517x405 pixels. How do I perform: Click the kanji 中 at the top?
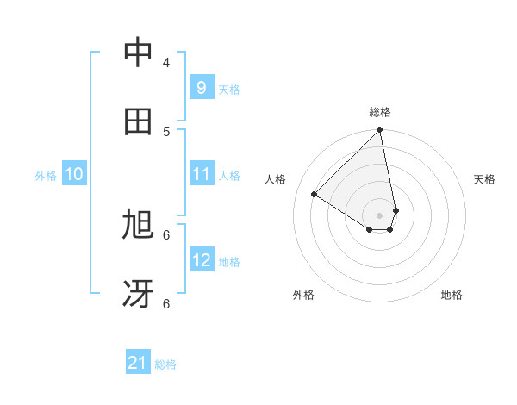[138, 53]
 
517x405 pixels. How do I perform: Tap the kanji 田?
[138, 121]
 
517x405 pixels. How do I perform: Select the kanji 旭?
[138, 225]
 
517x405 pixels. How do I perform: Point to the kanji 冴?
[138, 294]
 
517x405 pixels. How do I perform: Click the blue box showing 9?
[201, 87]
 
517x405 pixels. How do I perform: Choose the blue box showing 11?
[201, 174]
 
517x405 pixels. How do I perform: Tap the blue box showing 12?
[201, 260]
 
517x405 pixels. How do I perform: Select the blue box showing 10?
[74, 174]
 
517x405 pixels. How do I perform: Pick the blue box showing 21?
[138, 364]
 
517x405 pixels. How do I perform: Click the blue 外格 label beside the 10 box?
[46, 176]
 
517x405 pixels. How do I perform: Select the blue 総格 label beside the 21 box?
[165, 365]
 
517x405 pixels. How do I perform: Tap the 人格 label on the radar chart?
[276, 179]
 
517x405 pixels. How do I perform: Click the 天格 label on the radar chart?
[484, 179]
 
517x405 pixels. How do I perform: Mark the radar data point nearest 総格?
[380, 131]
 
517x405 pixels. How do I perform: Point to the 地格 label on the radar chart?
[452, 295]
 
